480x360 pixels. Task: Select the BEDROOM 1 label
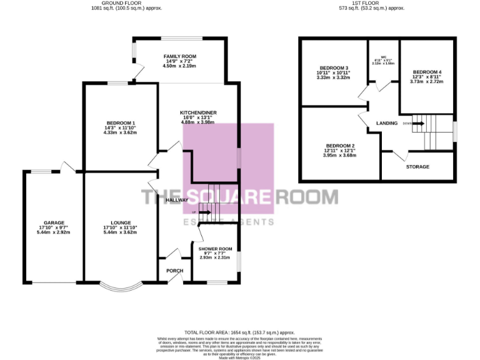coord(121,122)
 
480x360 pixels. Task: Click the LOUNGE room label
coord(121,222)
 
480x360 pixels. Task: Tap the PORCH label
coord(174,271)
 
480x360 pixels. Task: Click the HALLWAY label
coord(177,200)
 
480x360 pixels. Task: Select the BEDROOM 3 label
coord(332,67)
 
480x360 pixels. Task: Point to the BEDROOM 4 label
coord(427,71)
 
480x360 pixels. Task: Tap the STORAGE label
coord(417,167)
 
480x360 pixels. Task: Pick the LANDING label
coord(387,123)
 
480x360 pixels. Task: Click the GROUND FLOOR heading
coord(120,3)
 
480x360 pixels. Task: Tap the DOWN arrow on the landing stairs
coord(417,123)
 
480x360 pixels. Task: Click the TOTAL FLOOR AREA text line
coord(239,332)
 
